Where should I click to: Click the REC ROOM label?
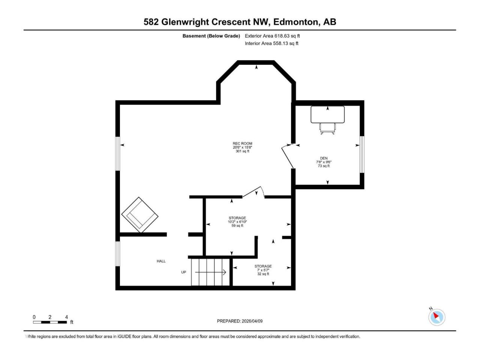point(242,143)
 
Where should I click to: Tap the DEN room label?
point(324,158)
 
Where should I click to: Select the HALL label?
point(161,261)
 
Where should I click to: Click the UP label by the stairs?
point(183,272)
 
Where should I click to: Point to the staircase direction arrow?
point(210,272)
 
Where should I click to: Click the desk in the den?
point(328,114)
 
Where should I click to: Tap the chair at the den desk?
point(327,129)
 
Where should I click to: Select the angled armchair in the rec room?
point(140,214)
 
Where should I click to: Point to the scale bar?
point(50,322)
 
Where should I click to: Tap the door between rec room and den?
point(288,156)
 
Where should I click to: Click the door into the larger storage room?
point(253,192)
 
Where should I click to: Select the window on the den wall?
point(362,154)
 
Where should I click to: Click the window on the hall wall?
point(118,254)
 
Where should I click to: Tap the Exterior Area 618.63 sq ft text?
point(272,36)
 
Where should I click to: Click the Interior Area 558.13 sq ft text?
point(271,43)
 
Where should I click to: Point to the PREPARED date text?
point(240,321)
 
